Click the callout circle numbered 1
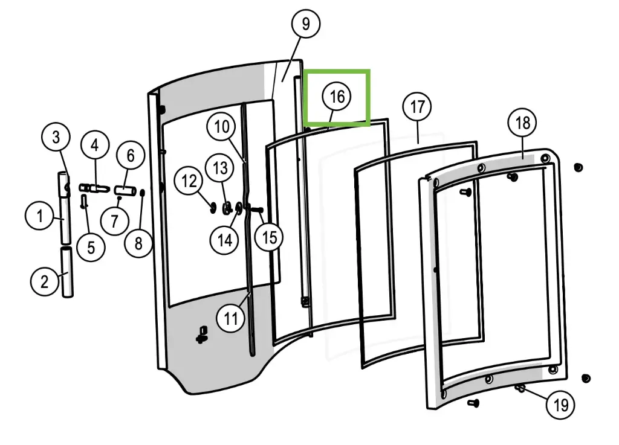(x=41, y=216)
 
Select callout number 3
(x=56, y=137)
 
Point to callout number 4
(x=95, y=146)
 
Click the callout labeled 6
(x=131, y=156)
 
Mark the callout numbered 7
(x=115, y=221)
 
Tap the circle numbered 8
(x=139, y=243)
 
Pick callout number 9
(x=305, y=24)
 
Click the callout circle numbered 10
(x=222, y=127)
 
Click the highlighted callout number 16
(x=337, y=97)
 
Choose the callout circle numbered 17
(x=418, y=107)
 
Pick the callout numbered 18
(x=522, y=123)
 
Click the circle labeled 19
(x=561, y=405)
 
